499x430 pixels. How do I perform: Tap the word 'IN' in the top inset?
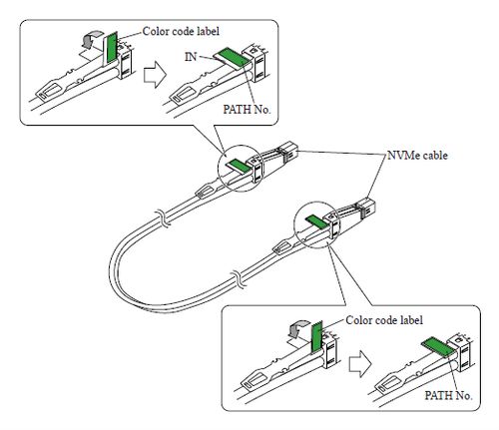coord(190,59)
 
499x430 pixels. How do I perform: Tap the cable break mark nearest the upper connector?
coord(159,216)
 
